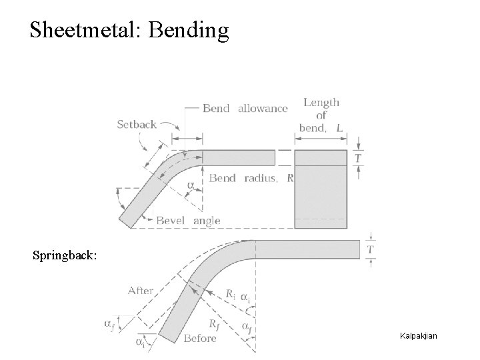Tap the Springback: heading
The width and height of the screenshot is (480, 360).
(x=65, y=255)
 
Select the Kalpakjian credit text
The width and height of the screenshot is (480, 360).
(x=418, y=335)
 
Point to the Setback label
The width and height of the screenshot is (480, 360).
(x=137, y=123)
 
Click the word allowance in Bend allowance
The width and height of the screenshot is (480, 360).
(x=263, y=108)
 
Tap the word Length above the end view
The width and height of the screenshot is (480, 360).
(x=321, y=102)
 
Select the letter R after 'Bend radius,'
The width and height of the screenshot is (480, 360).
(x=290, y=178)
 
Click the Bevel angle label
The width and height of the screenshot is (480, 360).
(x=188, y=221)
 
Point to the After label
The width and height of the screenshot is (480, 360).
(x=141, y=291)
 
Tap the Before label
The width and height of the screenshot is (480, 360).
(x=200, y=338)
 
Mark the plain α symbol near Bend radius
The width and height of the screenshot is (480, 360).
(x=191, y=185)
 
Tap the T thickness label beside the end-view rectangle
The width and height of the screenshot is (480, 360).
(x=358, y=158)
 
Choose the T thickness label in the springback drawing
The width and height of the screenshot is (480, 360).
(x=371, y=249)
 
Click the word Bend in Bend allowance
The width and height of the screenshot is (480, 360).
(x=216, y=108)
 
